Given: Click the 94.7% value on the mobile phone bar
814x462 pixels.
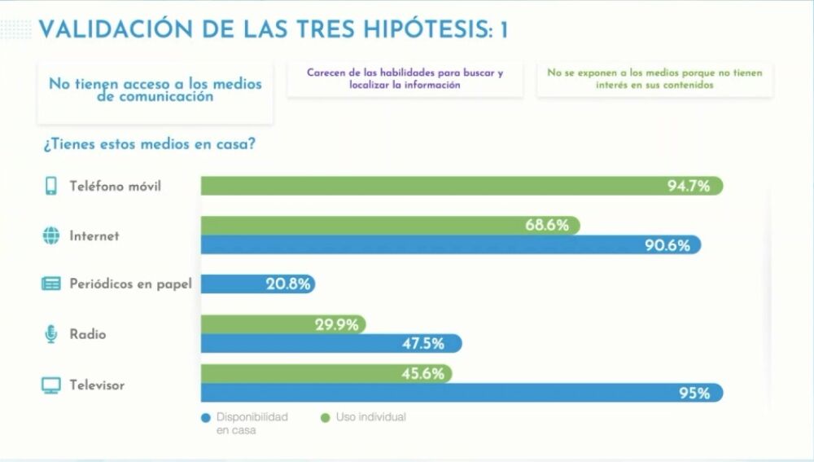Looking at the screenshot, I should point(689,187).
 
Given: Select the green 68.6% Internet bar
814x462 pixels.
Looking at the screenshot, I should point(391,226).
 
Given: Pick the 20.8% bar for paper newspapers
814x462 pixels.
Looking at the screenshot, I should point(257,284).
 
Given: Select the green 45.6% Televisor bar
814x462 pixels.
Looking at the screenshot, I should point(326,373).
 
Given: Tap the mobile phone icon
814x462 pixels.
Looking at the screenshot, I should point(50,187).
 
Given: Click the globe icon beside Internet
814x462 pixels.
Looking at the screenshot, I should point(50,236).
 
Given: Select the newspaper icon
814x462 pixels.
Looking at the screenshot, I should point(50,284).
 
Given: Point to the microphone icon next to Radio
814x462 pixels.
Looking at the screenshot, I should point(50,334).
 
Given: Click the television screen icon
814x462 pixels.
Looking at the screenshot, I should point(50,385).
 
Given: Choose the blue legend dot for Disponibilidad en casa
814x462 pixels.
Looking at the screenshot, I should point(205,418).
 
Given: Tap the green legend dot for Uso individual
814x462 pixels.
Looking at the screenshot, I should point(325,418).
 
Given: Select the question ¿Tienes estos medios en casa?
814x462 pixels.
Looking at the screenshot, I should point(149,145).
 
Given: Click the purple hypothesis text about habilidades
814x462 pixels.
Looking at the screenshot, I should point(405,78).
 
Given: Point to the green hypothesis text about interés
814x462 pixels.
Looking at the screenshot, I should point(654,78).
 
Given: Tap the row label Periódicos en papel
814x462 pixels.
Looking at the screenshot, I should point(131,284).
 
